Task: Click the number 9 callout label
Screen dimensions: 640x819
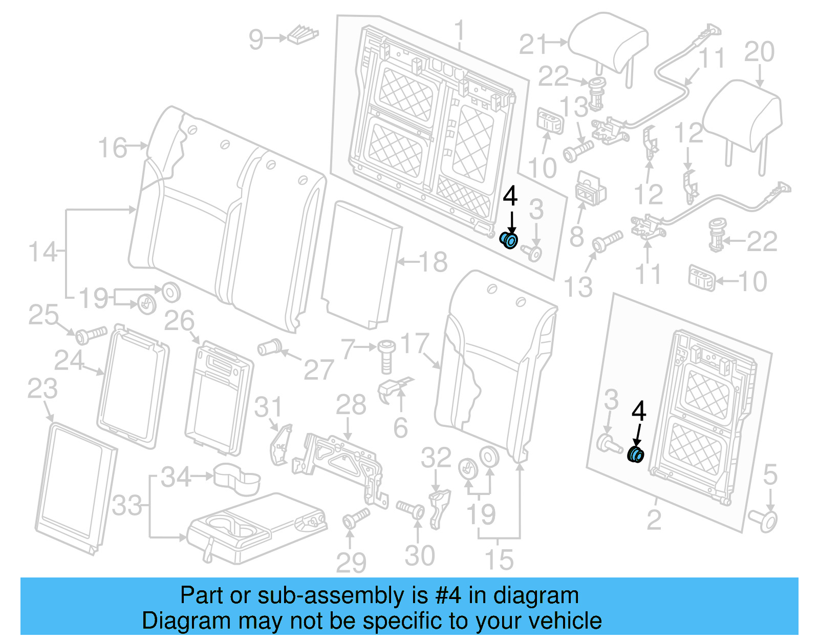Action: (256, 39)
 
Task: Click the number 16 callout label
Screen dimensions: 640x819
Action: (112, 148)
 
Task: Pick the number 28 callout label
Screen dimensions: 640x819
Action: (351, 405)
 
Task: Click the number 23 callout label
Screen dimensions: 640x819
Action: (42, 388)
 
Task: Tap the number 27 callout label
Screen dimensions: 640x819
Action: (318, 369)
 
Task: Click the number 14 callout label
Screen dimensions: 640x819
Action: (42, 252)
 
